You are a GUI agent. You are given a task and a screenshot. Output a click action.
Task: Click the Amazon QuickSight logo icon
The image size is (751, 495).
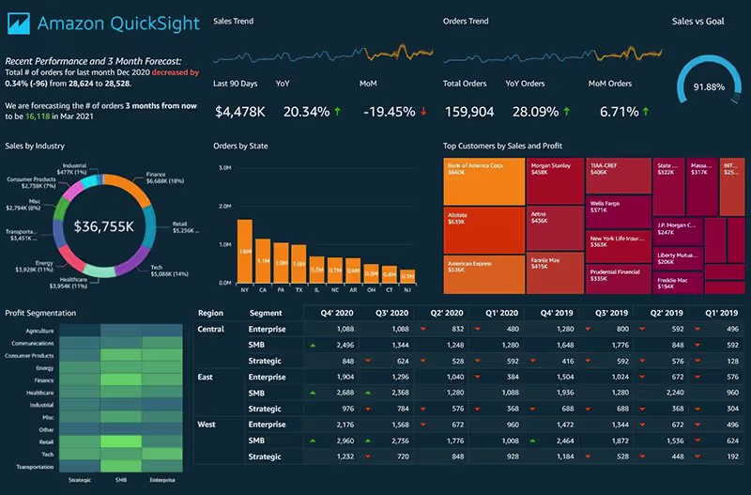(20, 22)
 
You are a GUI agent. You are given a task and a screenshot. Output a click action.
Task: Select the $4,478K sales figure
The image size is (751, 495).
(240, 112)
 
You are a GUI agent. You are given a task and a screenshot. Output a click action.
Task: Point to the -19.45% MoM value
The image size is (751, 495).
(388, 112)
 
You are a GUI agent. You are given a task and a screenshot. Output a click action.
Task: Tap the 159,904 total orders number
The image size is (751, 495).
(468, 112)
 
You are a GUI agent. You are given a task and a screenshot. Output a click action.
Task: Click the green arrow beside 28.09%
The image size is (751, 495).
(566, 112)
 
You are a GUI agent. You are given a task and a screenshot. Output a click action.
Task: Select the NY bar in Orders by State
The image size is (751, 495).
(244, 251)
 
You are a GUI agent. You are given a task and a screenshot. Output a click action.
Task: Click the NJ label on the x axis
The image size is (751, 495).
(407, 291)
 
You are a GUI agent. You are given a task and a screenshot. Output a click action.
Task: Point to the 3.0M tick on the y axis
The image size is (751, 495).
(224, 168)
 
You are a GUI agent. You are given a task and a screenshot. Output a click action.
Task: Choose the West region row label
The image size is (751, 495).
(207, 425)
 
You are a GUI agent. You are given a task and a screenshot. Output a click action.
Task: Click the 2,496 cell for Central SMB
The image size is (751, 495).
(343, 345)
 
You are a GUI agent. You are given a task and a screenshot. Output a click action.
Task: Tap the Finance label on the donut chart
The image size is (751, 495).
(156, 175)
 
